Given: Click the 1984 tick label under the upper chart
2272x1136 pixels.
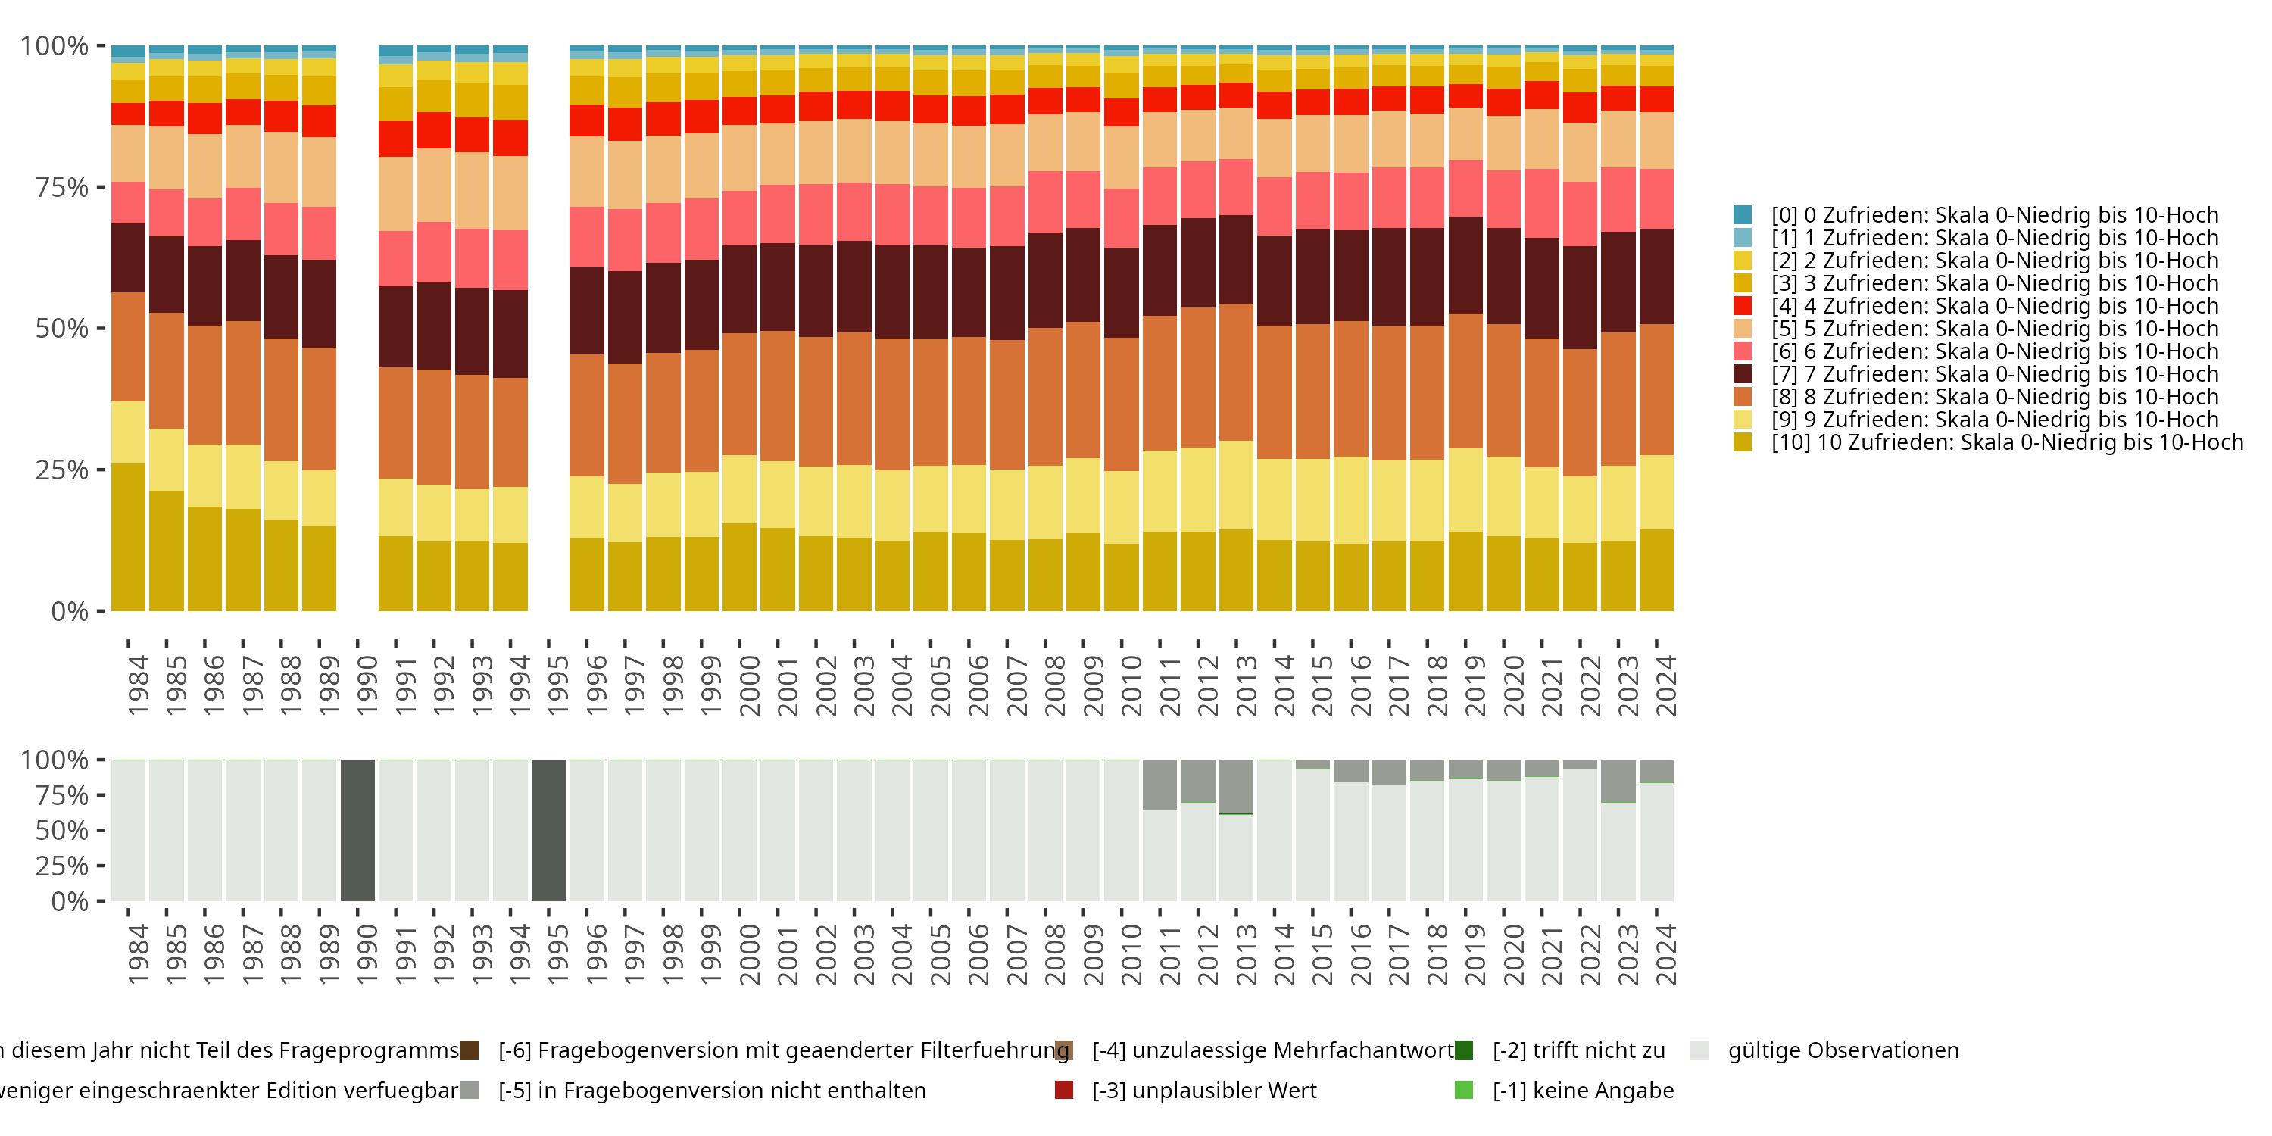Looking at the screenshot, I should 138,685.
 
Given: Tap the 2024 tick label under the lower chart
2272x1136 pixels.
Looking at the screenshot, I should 1665,954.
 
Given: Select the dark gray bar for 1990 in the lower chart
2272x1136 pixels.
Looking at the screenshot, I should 357,830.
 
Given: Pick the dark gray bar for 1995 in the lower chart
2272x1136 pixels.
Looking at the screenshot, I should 548,830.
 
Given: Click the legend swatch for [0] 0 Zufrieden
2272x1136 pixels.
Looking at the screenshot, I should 1742,215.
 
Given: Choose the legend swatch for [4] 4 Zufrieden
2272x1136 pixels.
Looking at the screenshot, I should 1742,306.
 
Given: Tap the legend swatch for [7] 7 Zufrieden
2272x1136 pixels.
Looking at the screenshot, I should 1742,374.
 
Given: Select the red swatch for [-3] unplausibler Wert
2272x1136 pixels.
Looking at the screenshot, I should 1064,1090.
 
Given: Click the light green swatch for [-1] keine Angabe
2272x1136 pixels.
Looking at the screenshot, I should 1463,1090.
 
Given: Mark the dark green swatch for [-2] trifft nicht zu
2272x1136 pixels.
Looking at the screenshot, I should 1463,1050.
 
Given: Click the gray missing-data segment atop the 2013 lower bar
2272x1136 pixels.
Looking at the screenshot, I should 1236,785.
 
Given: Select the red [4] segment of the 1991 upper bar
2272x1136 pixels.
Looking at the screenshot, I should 395,139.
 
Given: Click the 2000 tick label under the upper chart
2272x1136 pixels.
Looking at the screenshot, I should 749,685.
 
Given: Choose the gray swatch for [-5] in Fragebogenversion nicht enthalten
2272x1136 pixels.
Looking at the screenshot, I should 470,1090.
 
